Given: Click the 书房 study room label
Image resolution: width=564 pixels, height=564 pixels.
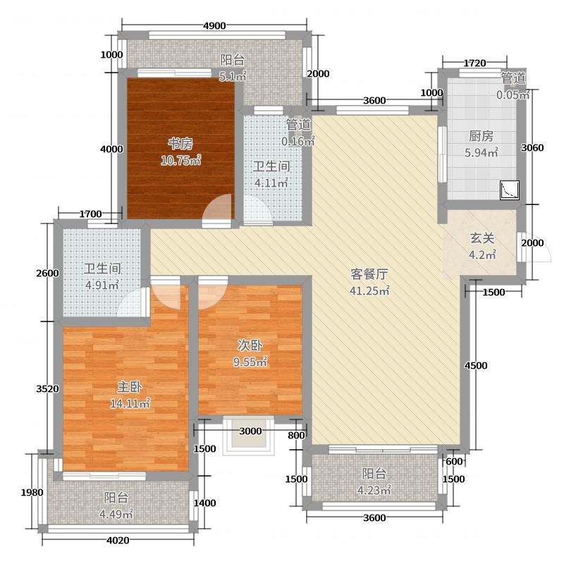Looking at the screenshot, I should (180, 144).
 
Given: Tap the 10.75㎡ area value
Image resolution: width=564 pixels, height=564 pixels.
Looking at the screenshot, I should (180, 161).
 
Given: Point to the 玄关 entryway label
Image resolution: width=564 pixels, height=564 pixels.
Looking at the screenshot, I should (482, 239).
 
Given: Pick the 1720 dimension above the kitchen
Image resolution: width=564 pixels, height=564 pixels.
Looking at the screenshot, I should (475, 63).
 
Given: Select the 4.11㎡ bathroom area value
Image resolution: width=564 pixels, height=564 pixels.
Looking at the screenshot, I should (271, 183).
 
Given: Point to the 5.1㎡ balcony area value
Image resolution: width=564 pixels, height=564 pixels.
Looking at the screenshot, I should (233, 77).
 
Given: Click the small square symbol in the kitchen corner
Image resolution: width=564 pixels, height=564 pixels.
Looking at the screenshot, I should (509, 190).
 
